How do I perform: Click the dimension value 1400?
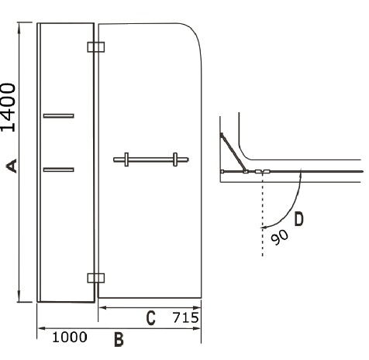click(x=9, y=108)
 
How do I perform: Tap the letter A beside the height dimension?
click(x=12, y=166)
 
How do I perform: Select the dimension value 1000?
click(x=70, y=338)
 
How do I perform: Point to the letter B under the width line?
click(x=119, y=340)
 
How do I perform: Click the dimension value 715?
click(x=186, y=317)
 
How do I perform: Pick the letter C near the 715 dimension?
click(x=151, y=318)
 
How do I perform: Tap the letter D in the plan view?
click(x=299, y=219)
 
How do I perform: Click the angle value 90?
click(x=279, y=237)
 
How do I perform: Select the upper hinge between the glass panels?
click(x=96, y=47)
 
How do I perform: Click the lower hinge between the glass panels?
click(x=96, y=278)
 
